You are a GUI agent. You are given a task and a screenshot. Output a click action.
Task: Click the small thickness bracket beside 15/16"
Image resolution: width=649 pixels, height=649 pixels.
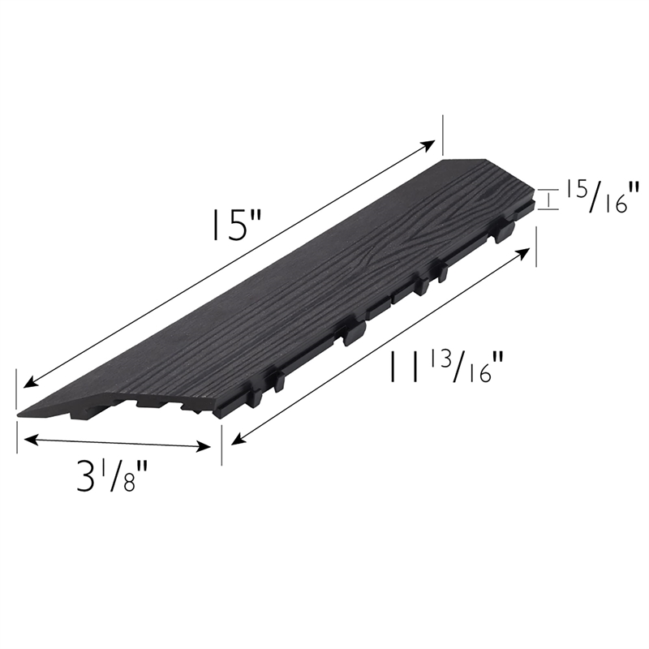(x=551, y=199)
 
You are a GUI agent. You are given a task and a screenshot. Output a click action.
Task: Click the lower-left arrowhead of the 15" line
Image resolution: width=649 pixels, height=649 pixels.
(x=27, y=383)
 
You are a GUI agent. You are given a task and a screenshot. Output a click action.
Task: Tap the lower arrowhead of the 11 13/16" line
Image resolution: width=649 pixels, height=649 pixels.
(x=235, y=441)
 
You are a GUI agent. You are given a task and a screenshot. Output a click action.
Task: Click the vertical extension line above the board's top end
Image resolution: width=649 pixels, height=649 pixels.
(x=442, y=134)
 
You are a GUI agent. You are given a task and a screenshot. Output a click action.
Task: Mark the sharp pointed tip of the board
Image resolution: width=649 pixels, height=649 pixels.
(x=19, y=415)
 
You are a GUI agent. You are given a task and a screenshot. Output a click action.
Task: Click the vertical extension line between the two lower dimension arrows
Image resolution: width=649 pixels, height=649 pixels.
(x=221, y=442)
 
